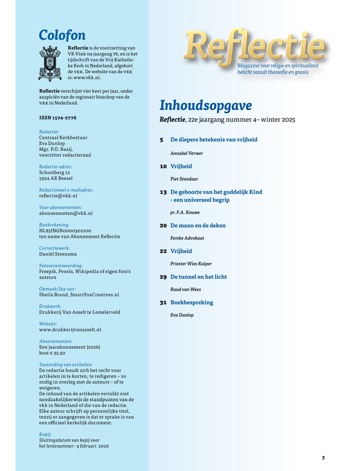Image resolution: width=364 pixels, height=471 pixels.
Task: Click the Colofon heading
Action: click(62, 35)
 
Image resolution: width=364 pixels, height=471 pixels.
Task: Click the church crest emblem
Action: click(50, 64)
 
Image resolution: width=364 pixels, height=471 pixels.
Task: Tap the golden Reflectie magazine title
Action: click(254, 46)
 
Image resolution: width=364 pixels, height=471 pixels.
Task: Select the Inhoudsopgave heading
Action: click(206, 105)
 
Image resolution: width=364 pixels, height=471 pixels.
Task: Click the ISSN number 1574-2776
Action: click(58, 118)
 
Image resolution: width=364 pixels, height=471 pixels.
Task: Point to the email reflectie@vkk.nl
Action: click(58, 196)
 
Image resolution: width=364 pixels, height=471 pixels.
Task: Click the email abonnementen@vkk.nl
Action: click(66, 213)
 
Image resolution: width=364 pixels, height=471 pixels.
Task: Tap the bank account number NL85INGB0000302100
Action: click(65, 231)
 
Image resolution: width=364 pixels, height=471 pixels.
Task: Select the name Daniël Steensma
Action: click(58, 254)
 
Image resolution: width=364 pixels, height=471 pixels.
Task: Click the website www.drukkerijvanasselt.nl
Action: click(70, 329)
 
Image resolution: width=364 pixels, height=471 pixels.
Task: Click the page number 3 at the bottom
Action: click(323, 458)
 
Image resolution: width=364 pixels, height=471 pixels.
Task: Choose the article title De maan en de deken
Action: click(198, 225)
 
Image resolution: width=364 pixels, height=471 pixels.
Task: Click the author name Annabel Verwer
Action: click(187, 153)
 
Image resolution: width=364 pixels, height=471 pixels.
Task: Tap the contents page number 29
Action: click(163, 277)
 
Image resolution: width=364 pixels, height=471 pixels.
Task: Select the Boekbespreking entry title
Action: click(192, 302)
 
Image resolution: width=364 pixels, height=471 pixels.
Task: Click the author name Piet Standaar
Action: click(184, 179)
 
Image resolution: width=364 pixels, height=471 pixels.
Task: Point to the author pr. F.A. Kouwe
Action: click(185, 213)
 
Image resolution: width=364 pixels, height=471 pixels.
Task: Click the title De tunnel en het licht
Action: click(199, 277)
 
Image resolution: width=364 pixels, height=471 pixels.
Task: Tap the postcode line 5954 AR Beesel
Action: click(56, 178)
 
